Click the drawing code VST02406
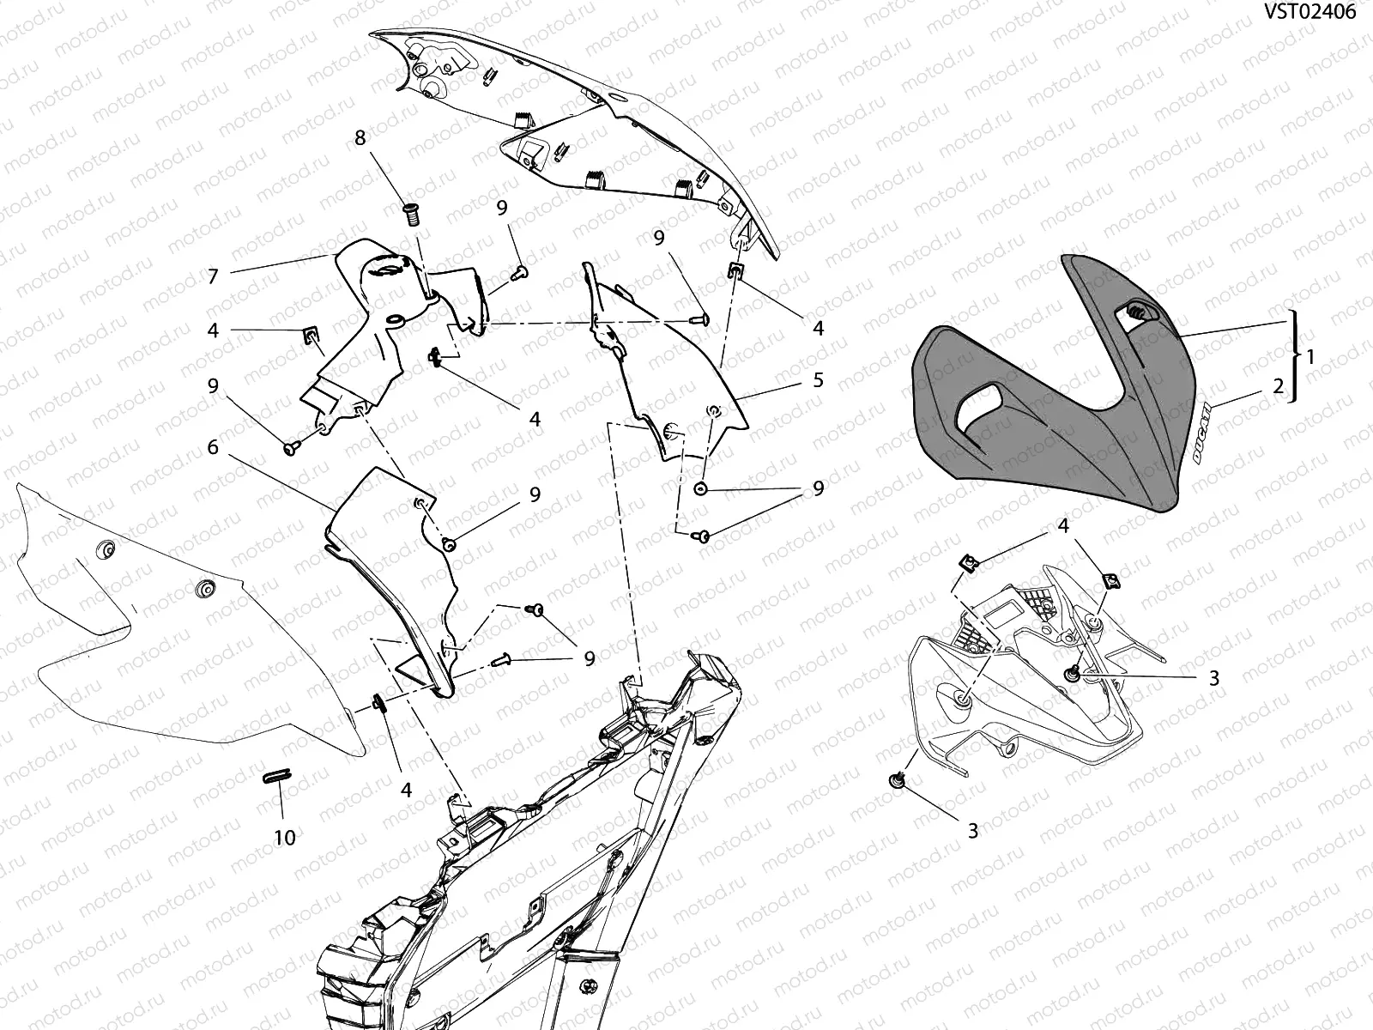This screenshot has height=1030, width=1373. click(x=1309, y=12)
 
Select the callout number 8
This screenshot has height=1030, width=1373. click(x=360, y=138)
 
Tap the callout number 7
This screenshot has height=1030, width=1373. click(x=214, y=276)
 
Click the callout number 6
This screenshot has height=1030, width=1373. click(x=213, y=447)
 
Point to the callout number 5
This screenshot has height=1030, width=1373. click(x=818, y=379)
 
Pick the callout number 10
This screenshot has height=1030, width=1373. click(x=285, y=838)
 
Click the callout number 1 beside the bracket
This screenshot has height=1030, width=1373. click(x=1311, y=357)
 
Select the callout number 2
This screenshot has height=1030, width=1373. click(x=1279, y=386)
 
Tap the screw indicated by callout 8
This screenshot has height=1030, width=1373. click(x=412, y=215)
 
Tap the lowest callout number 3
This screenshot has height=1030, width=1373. click(x=972, y=831)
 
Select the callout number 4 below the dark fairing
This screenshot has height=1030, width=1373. click(x=1063, y=526)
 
